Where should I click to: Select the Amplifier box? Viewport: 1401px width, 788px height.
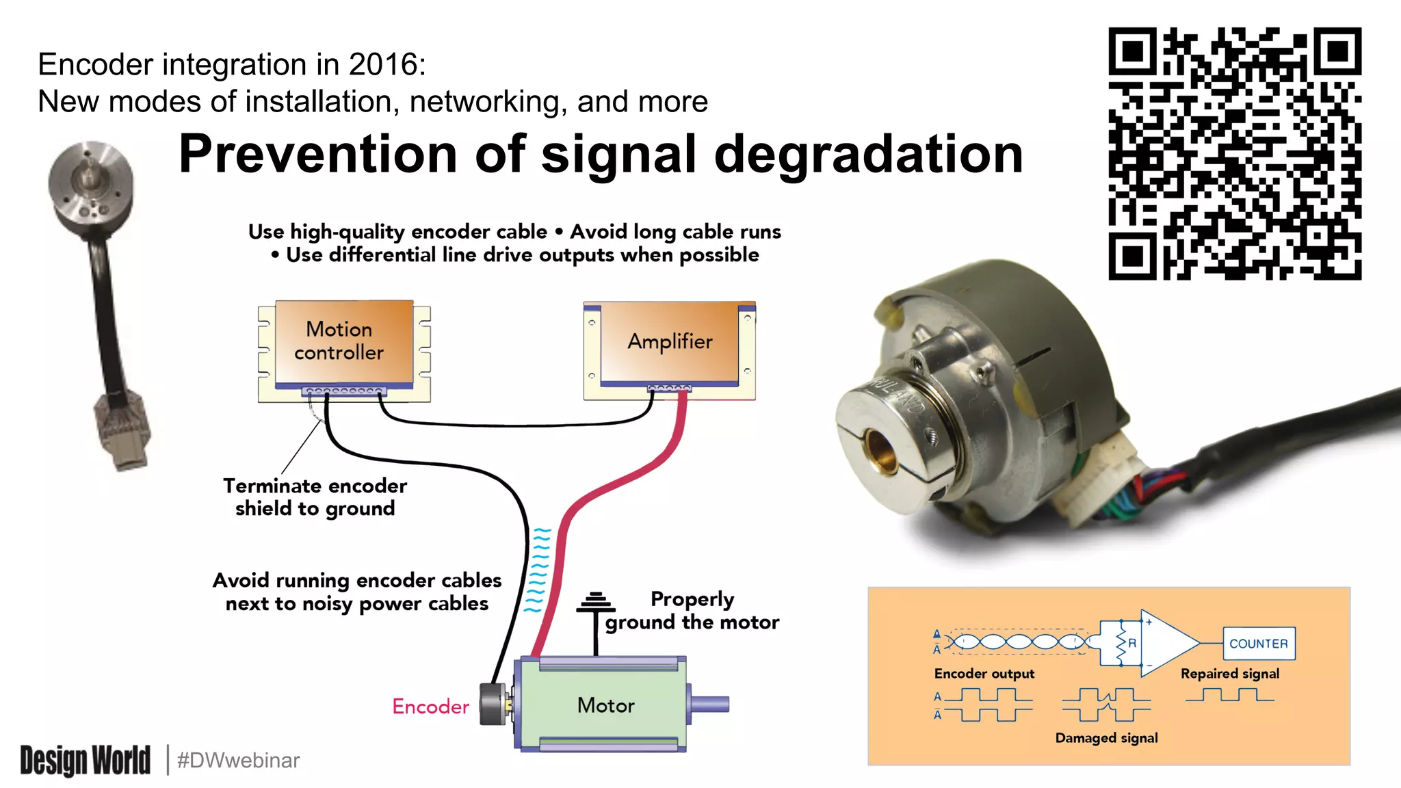670,341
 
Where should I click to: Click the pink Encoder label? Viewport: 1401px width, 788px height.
430,706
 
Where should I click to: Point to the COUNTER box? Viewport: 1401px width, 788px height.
1258,644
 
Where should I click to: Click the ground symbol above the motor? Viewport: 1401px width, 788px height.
595,603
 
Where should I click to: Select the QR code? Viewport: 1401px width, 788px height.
1234,153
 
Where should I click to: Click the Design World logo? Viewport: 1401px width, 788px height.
86,760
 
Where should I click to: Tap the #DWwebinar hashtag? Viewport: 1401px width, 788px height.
238,760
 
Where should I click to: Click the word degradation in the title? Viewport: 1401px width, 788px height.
868,154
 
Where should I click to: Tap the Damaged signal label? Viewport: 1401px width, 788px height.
1106,738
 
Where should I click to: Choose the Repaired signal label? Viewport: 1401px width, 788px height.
1229,674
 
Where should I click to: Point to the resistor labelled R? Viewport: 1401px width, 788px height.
1122,644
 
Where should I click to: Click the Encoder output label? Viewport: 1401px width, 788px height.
984,674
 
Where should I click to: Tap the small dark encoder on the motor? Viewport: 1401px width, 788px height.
493,704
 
